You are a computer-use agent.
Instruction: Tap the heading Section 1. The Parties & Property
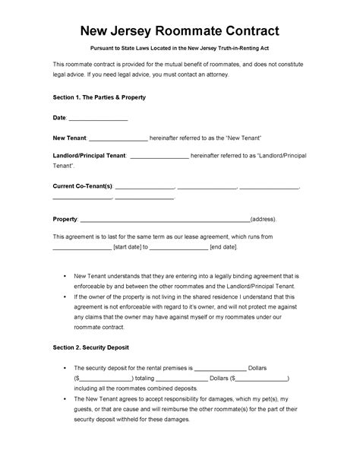point(99,99)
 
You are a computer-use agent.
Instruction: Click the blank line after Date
point(99,119)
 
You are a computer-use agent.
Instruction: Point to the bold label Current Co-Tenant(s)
point(82,186)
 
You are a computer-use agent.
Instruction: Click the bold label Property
point(65,219)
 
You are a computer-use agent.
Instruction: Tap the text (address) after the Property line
point(268,219)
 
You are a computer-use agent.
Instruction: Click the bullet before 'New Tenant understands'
point(61,276)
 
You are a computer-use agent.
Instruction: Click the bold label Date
point(59,119)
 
